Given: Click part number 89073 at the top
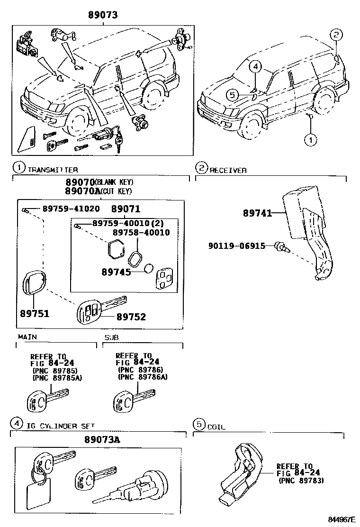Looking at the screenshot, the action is tap(103, 15).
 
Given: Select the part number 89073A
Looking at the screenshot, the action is tap(102, 439).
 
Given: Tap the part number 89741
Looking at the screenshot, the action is tap(257, 213).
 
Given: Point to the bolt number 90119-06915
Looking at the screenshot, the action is tap(237, 246).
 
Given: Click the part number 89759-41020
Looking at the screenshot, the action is tap(71, 209).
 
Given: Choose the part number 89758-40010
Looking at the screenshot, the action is tap(141, 233).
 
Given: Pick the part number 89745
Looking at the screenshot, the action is tap(116, 272).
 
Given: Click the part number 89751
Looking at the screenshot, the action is tap(35, 314).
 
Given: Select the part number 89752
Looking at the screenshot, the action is tap(131, 317).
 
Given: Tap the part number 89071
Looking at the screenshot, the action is tap(126, 209).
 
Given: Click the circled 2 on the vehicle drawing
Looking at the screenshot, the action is tap(336, 34).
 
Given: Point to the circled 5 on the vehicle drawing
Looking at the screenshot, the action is tap(233, 95).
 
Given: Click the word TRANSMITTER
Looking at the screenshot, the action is tap(53, 170).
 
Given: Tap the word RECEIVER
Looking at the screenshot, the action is tap(228, 171).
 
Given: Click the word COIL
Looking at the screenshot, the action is tap(216, 427).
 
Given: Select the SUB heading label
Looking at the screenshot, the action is tap(111, 337).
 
